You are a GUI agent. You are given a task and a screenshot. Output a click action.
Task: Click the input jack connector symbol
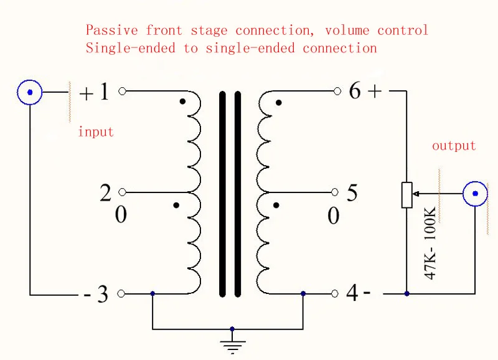click(x=29, y=92)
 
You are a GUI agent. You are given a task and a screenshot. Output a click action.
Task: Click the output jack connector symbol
click(x=475, y=194)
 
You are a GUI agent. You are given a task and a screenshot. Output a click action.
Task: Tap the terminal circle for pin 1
click(x=122, y=92)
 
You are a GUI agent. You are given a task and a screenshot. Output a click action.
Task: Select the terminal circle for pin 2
click(x=122, y=192)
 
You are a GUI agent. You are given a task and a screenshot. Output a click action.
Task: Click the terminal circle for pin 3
click(x=121, y=293)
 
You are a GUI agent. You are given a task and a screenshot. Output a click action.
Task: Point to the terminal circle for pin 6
click(x=337, y=92)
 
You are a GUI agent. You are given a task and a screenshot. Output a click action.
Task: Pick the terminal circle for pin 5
click(x=335, y=192)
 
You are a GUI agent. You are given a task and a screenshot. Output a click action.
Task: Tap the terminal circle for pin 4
click(x=335, y=293)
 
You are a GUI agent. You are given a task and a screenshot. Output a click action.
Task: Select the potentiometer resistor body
click(x=407, y=195)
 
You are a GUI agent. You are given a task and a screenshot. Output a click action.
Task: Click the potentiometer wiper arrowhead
click(x=416, y=194)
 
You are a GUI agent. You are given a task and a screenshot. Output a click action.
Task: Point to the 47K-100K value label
click(x=430, y=243)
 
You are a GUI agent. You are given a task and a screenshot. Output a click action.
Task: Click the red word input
click(x=96, y=131)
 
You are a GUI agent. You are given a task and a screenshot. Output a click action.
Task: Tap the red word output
click(x=454, y=146)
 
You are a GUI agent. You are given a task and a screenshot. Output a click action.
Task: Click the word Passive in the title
click(x=112, y=30)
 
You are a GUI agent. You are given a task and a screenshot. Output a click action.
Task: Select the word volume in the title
click(x=347, y=31)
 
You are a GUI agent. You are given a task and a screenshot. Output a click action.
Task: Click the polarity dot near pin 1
click(x=182, y=102)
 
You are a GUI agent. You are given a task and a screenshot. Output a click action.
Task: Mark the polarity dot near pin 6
click(x=278, y=103)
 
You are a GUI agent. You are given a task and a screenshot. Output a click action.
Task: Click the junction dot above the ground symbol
click(x=232, y=329)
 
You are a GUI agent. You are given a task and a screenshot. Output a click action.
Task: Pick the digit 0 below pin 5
click(x=333, y=216)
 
